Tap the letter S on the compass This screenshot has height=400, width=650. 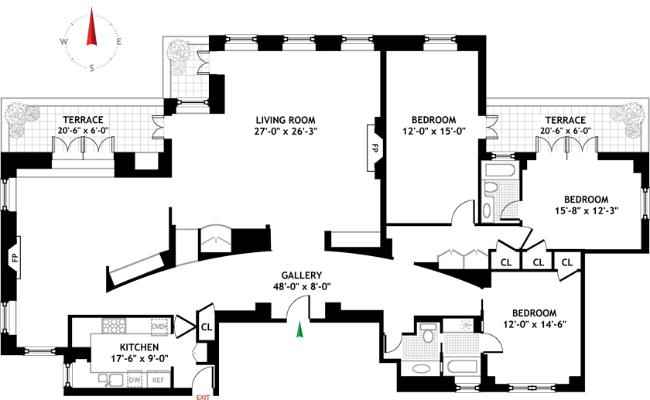(92, 68)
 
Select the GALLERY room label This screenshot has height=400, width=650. (302, 275)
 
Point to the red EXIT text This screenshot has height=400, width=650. (204, 396)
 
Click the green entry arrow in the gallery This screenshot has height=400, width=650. (299, 330)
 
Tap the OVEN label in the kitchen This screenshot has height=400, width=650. (159, 325)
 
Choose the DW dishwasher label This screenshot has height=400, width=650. (134, 380)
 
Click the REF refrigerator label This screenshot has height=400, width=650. (158, 380)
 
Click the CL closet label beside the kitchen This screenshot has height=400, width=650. (207, 326)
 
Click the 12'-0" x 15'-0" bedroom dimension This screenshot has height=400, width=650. (433, 132)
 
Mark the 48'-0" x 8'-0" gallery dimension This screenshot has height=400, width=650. (302, 286)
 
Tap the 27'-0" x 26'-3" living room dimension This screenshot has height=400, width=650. (286, 132)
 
